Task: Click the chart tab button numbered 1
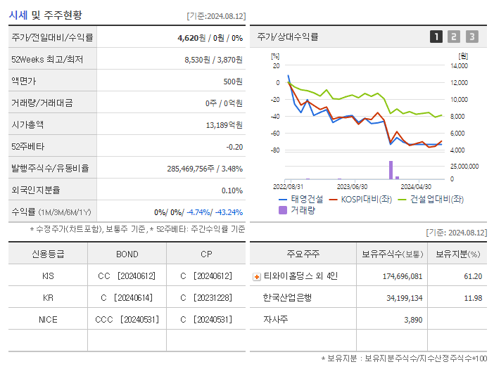(x=436, y=37)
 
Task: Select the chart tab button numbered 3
(x=471, y=37)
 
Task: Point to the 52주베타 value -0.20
(x=234, y=146)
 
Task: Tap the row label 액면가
(x=23, y=81)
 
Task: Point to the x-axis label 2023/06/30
(x=352, y=187)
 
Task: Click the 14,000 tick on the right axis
(x=458, y=66)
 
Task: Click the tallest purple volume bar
(x=391, y=170)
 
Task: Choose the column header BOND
(x=127, y=254)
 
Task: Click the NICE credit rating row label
(x=48, y=319)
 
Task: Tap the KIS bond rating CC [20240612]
(x=127, y=276)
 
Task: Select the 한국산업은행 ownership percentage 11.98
(x=473, y=297)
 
